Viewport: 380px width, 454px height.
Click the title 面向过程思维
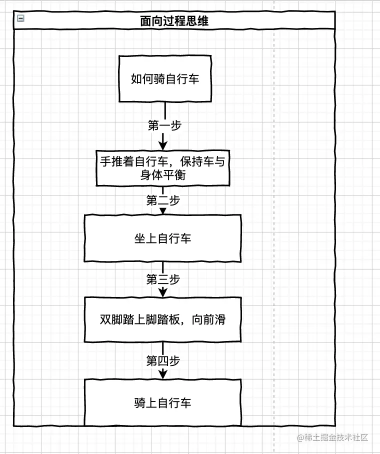[x=174, y=21]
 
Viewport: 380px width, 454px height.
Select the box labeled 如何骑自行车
[x=164, y=79]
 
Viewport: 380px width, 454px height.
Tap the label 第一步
[x=164, y=125]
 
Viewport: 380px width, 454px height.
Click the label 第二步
[x=163, y=200]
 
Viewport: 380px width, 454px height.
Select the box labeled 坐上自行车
[x=162, y=238]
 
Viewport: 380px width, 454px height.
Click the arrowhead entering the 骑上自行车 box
[x=163, y=373]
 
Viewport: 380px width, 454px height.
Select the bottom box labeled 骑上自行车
[x=162, y=403]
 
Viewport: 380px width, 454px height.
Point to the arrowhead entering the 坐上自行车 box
[x=163, y=210]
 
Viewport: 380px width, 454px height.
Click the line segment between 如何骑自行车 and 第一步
[x=164, y=110]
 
